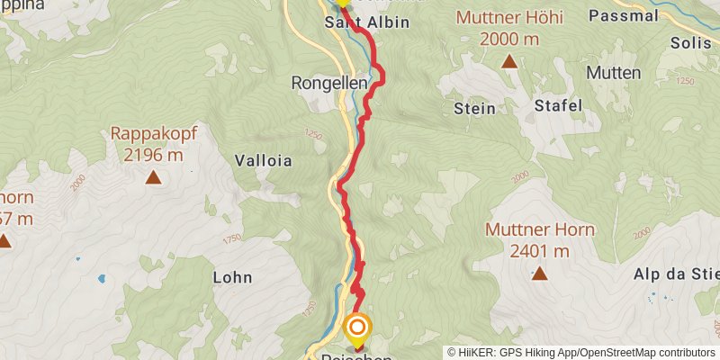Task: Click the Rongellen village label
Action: pos(329,82)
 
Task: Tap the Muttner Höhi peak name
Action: pos(509,17)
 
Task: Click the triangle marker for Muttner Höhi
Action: pos(509,61)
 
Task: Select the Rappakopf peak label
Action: pos(154,134)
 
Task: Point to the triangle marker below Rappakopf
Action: pos(154,177)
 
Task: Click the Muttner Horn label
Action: pos(539,229)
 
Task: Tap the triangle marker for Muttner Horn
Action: pos(539,273)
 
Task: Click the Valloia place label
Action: pos(263,161)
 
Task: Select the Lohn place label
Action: pos(232,277)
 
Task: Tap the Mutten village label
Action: pos(613,73)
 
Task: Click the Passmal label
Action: pos(621,15)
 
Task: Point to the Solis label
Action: pos(690,42)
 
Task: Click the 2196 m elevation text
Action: pos(154,155)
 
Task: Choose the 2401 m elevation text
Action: pos(539,250)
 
